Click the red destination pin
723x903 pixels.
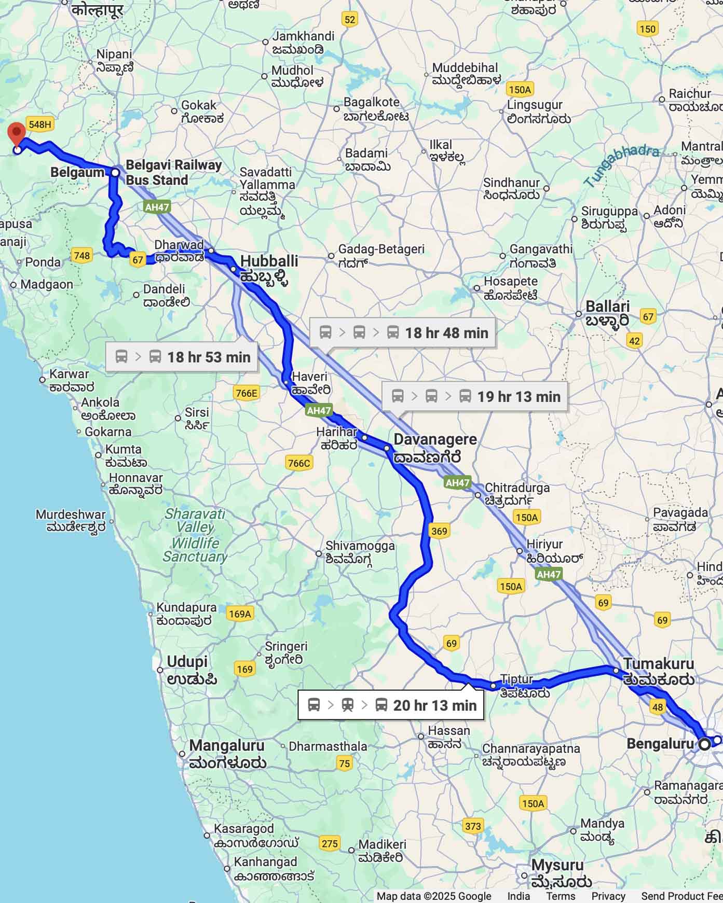[17, 133]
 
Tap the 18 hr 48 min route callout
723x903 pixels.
[403, 332]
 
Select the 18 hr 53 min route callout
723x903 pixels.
[182, 357]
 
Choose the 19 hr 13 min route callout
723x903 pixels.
[475, 397]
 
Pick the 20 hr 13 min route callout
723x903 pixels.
[391, 705]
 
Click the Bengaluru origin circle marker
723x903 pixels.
[704, 744]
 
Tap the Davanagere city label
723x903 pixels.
[434, 448]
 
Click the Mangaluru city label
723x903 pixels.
[227, 754]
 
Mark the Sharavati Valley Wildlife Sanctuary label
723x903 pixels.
[195, 535]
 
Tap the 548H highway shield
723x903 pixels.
[40, 124]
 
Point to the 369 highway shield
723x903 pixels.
[439, 531]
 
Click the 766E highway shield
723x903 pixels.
[246, 393]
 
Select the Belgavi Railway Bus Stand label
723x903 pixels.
[173, 173]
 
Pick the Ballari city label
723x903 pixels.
[607, 313]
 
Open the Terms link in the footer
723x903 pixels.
[561, 896]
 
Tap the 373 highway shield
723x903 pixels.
[472, 826]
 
